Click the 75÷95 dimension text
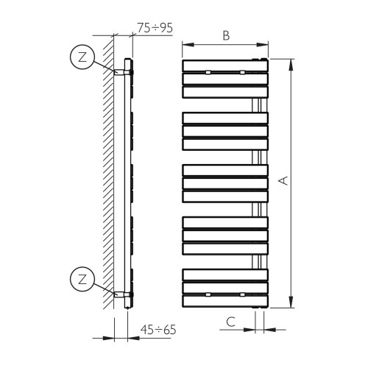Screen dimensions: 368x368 (x=155, y=28)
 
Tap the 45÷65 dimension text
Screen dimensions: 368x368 (x=158, y=330)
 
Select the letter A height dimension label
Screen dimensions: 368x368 (x=283, y=180)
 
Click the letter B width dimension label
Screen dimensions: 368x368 (x=226, y=35)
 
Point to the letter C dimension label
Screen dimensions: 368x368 (x=230, y=322)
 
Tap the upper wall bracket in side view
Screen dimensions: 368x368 (x=119, y=72)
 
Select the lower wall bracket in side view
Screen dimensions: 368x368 (x=119, y=294)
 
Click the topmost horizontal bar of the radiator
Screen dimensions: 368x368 (x=225, y=66)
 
